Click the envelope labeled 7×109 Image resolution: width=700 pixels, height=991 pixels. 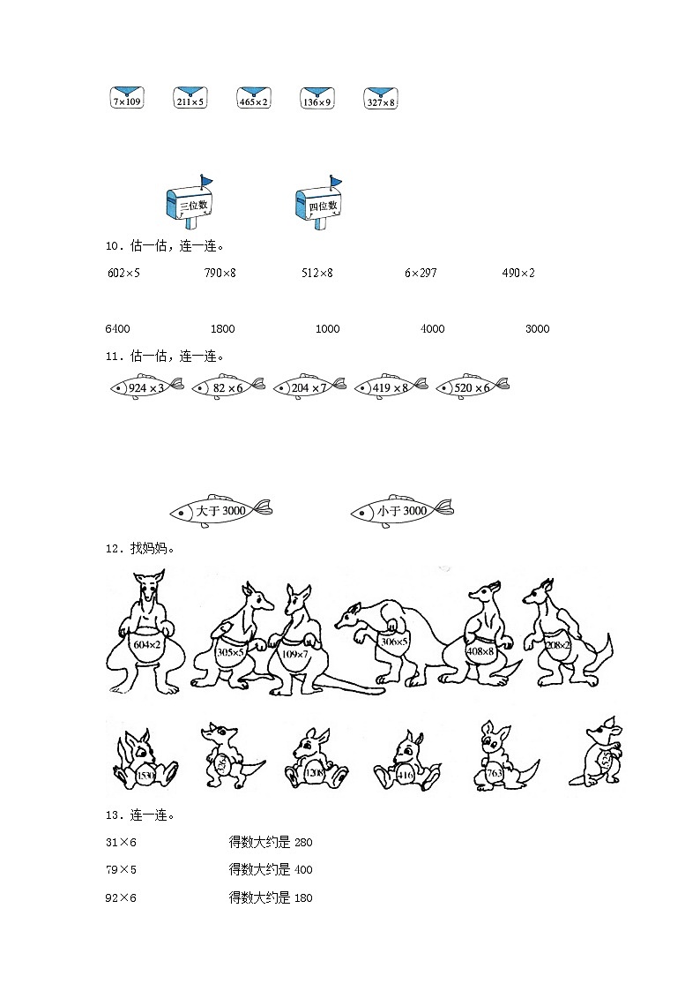[127, 98]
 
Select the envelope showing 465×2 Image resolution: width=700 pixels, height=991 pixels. [253, 98]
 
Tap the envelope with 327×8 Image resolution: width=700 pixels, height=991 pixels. [380, 98]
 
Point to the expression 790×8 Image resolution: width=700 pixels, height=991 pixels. [220, 273]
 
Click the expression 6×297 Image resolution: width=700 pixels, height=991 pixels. [421, 273]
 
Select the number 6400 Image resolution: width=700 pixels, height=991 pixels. [117, 329]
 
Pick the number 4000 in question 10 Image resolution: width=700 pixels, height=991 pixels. [432, 329]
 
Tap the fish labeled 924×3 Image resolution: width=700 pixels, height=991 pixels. [145, 387]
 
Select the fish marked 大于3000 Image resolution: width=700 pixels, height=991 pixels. [220, 511]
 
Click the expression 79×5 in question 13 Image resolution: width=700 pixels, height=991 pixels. [122, 870]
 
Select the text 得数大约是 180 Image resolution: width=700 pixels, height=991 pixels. [271, 898]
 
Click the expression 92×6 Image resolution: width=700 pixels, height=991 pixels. [122, 898]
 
